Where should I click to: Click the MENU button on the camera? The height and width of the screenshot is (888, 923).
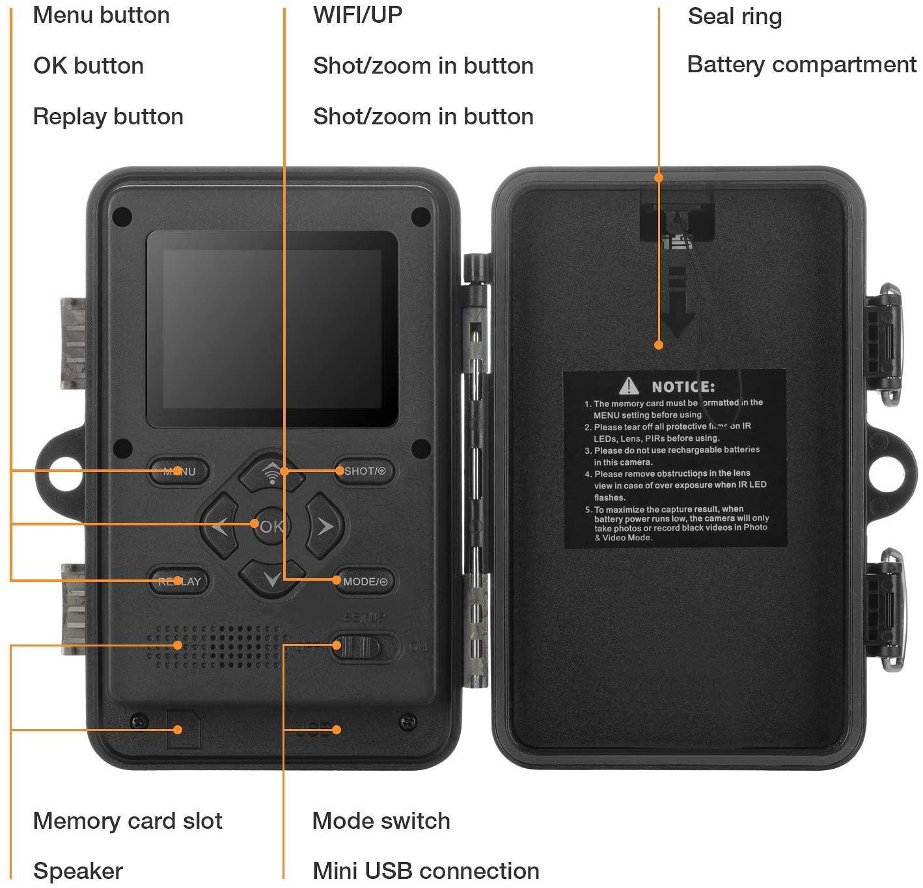pyautogui.click(x=179, y=471)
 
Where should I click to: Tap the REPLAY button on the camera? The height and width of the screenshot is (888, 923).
pyautogui.click(x=180, y=581)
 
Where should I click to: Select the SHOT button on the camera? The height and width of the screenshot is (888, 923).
pyautogui.click(x=365, y=471)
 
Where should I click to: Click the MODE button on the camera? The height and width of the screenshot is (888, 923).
pyautogui.click(x=365, y=581)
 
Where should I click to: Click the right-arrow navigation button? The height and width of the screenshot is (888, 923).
pyautogui.click(x=325, y=526)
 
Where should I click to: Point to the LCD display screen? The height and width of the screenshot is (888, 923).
pyautogui.click(x=272, y=329)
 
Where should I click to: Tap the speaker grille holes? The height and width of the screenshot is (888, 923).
pyautogui.click(x=218, y=646)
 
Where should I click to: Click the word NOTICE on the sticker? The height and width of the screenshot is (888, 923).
pyautogui.click(x=683, y=387)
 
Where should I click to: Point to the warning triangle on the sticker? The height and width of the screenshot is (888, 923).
pyautogui.click(x=629, y=386)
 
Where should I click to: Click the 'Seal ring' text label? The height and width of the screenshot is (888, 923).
pyautogui.click(x=734, y=16)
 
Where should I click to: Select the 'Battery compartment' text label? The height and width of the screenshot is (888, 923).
pyautogui.click(x=801, y=64)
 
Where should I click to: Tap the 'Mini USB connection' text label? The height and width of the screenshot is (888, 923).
pyautogui.click(x=426, y=870)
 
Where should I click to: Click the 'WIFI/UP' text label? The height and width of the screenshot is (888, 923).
pyautogui.click(x=357, y=14)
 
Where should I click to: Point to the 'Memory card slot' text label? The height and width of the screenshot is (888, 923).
pyautogui.click(x=128, y=820)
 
